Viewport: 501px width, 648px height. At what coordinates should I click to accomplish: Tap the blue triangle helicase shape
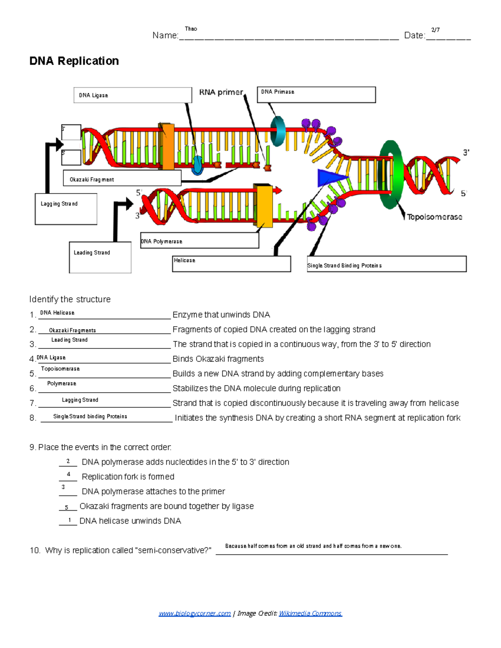[330, 178]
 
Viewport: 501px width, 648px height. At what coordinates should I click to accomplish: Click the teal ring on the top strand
[278, 131]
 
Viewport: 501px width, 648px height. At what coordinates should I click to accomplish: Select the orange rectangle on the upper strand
[167, 146]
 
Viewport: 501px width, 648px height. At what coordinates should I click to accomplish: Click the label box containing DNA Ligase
[132, 95]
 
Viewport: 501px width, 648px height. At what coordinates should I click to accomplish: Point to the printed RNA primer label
[221, 92]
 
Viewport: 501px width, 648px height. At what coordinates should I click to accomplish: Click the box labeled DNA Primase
[316, 95]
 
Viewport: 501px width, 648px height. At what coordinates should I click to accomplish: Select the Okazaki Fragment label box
[122, 178]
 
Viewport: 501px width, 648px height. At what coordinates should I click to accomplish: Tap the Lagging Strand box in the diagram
[66, 209]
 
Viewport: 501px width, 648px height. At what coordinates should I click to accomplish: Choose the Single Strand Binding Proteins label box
[386, 264]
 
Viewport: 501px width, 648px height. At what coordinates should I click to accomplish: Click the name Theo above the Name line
[191, 29]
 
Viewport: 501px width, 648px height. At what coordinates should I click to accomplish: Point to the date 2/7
[435, 30]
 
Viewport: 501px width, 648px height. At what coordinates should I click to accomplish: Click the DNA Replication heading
[74, 61]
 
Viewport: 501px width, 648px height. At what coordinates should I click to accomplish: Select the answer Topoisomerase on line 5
[60, 369]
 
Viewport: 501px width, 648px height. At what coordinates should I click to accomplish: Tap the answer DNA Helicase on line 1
[57, 313]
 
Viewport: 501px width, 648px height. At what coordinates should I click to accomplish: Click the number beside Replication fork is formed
[68, 474]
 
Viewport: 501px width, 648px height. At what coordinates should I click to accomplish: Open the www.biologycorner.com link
[195, 613]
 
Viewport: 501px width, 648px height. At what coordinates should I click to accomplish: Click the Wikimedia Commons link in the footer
[310, 613]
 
